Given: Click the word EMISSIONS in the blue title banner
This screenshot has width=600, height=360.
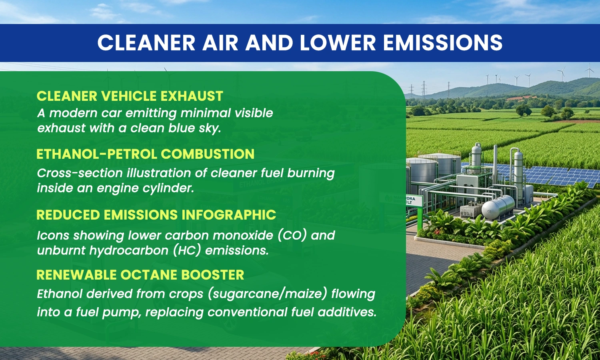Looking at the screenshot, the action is point(443,42).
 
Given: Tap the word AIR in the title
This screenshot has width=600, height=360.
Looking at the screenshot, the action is point(220,42).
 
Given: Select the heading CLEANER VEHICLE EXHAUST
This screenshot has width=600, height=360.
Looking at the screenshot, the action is point(130,96).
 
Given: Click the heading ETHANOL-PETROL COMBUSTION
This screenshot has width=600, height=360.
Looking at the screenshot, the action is point(145,154).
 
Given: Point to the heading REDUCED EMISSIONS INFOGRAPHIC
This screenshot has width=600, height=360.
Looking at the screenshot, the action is point(156,214).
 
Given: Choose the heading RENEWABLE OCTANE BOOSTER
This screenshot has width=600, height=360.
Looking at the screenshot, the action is point(140,274).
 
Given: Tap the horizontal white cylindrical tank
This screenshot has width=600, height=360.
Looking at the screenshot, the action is point(498,207).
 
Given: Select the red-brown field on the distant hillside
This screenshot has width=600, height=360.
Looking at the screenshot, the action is point(519,98).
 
